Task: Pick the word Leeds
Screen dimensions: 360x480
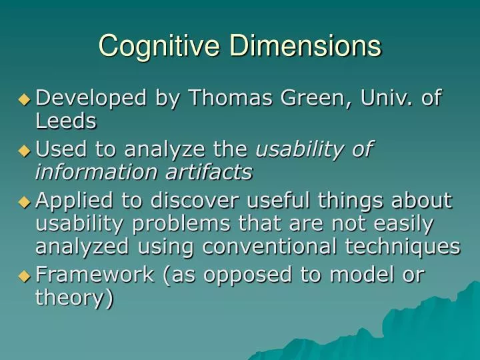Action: pos(65,121)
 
